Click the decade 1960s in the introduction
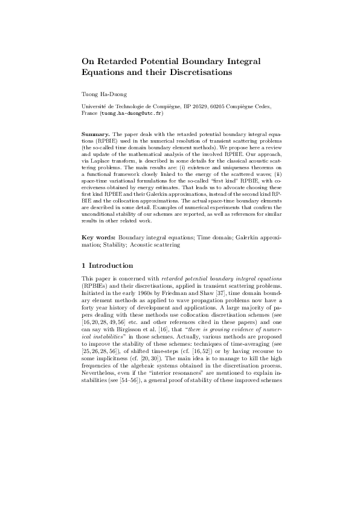click(145, 293)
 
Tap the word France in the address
click(90, 113)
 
